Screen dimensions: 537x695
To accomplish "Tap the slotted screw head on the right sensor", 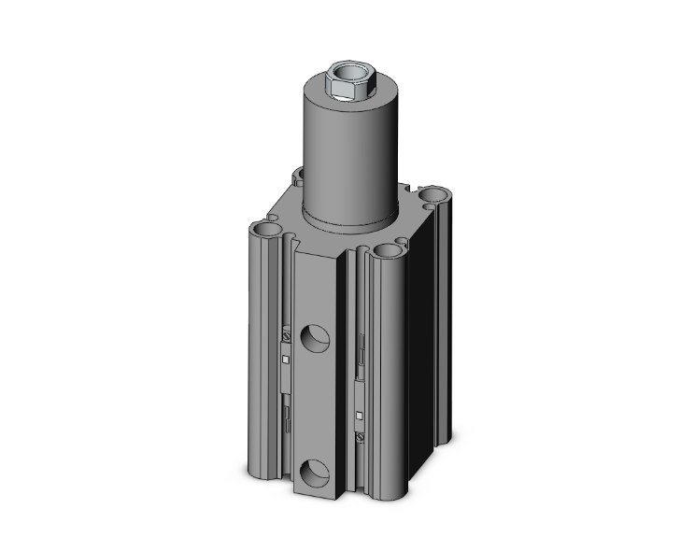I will point(359,435).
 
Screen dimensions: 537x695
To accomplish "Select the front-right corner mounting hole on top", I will point(388,250).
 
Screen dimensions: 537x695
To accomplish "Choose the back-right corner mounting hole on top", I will point(433,195).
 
